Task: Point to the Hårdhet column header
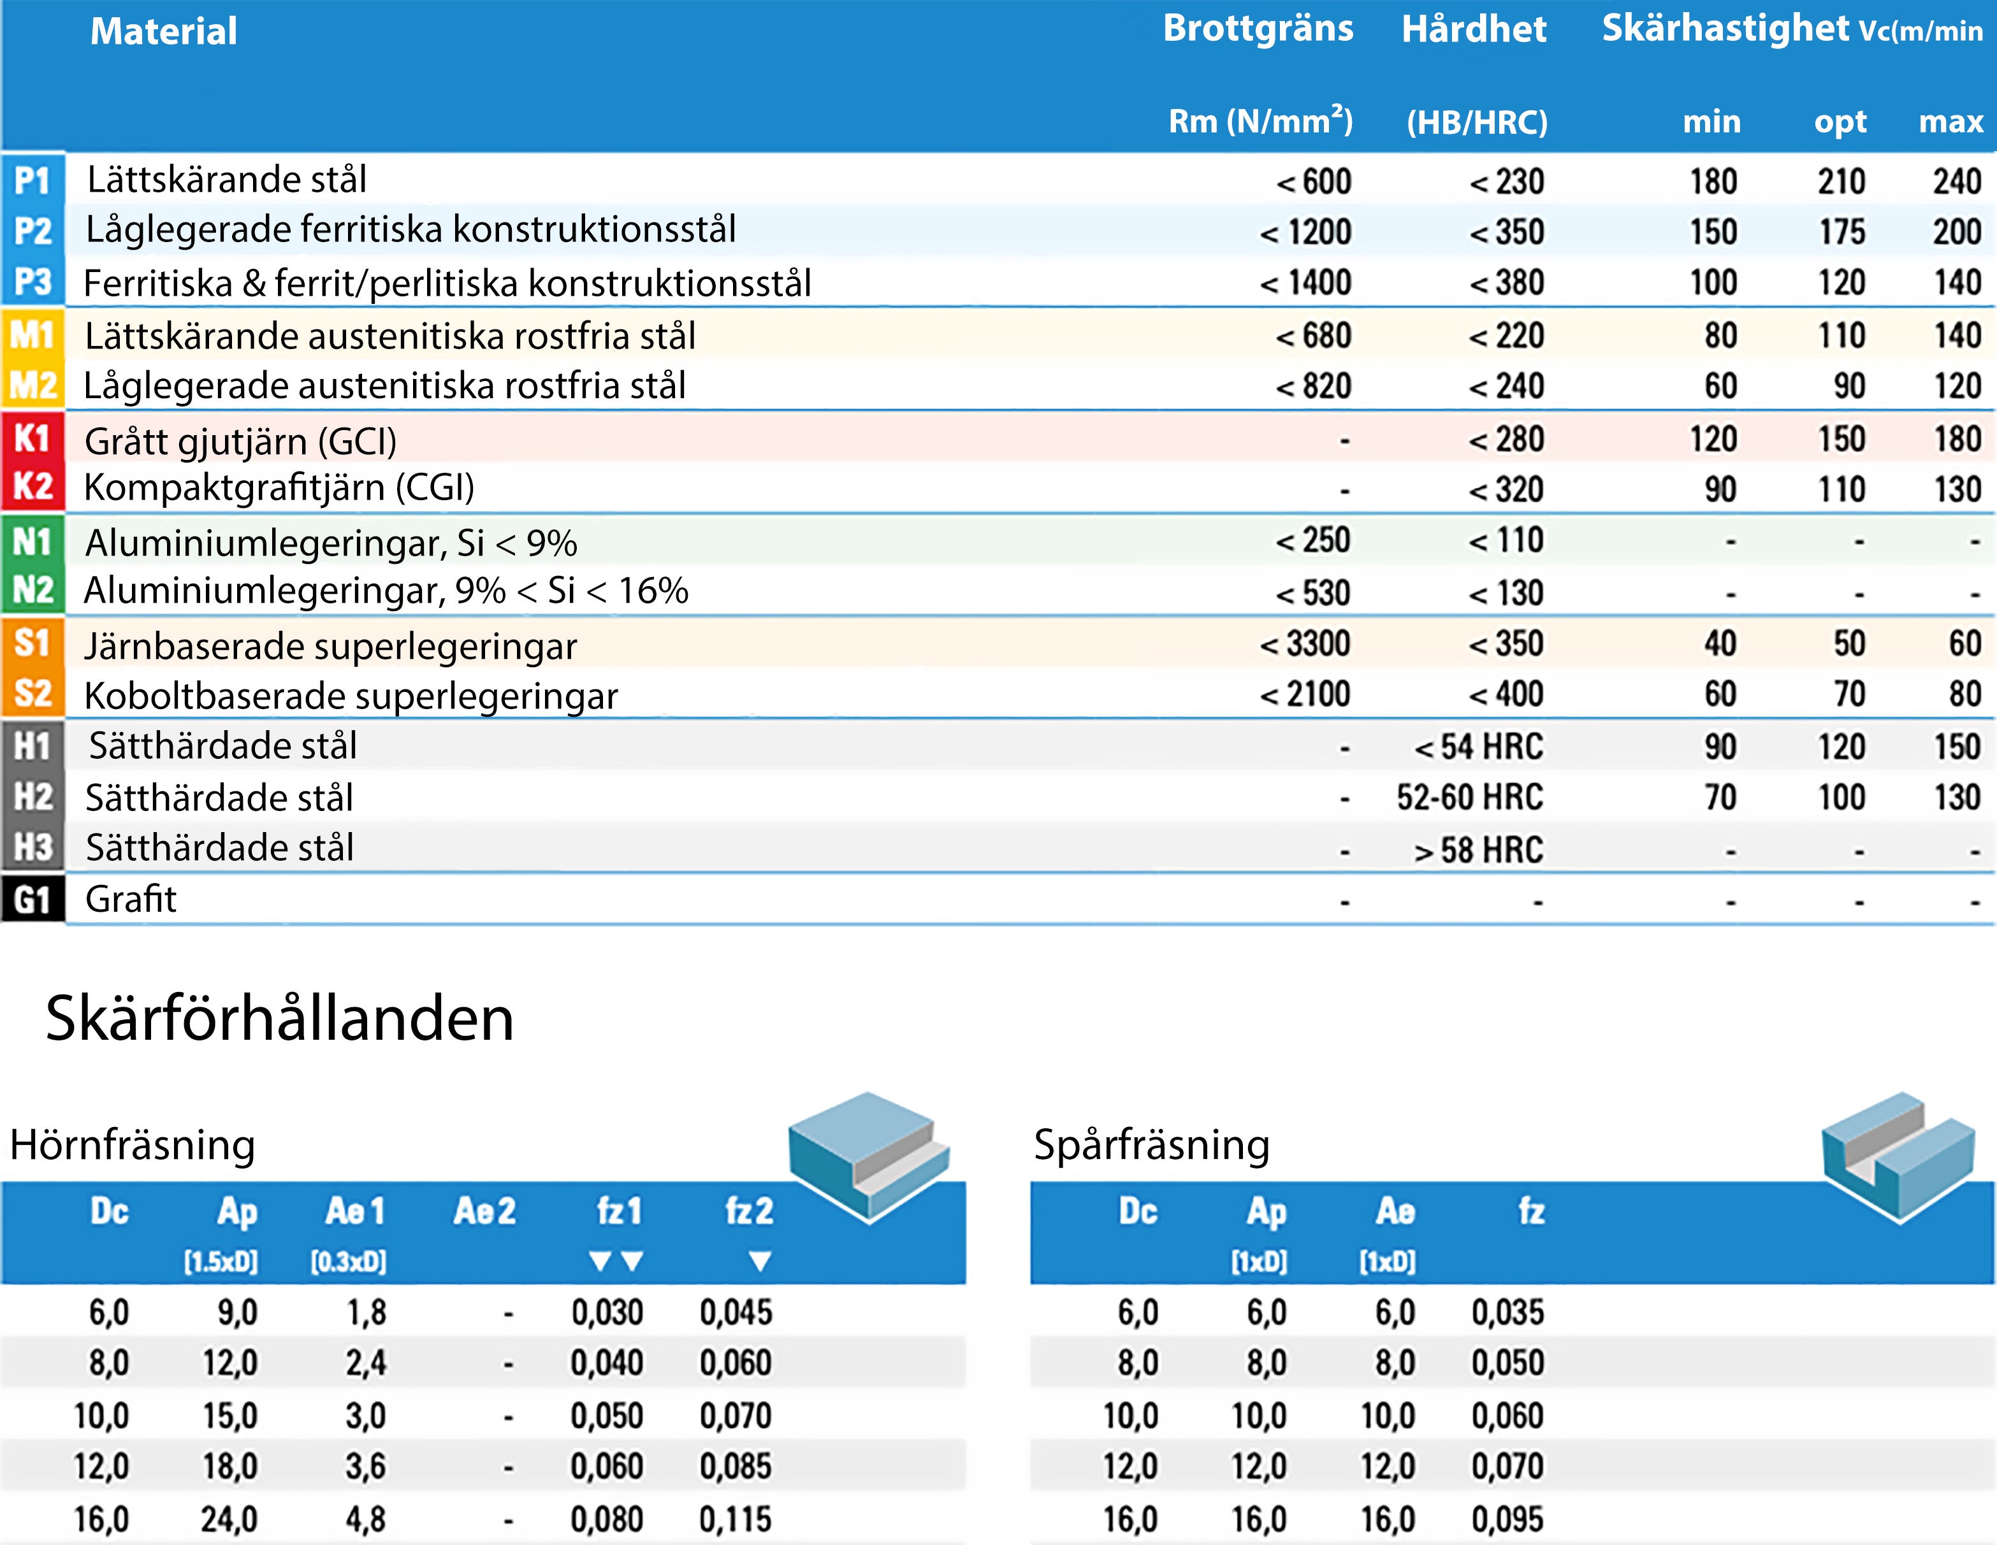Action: pos(1474,29)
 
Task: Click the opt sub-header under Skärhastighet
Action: pos(1840,122)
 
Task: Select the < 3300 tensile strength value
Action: pos(1305,643)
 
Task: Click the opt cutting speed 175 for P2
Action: pos(1841,231)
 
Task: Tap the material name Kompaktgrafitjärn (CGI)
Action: pos(279,487)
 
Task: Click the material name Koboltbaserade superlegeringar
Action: pos(351,696)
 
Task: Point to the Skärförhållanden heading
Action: pos(280,1018)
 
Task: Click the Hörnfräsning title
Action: pos(133,1145)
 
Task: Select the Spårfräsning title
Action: pos(1152,1145)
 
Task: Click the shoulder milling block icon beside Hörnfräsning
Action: pos(869,1154)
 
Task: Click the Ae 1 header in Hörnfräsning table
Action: pos(355,1211)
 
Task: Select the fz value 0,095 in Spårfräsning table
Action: pos(1507,1520)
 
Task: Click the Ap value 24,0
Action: pos(229,1520)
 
